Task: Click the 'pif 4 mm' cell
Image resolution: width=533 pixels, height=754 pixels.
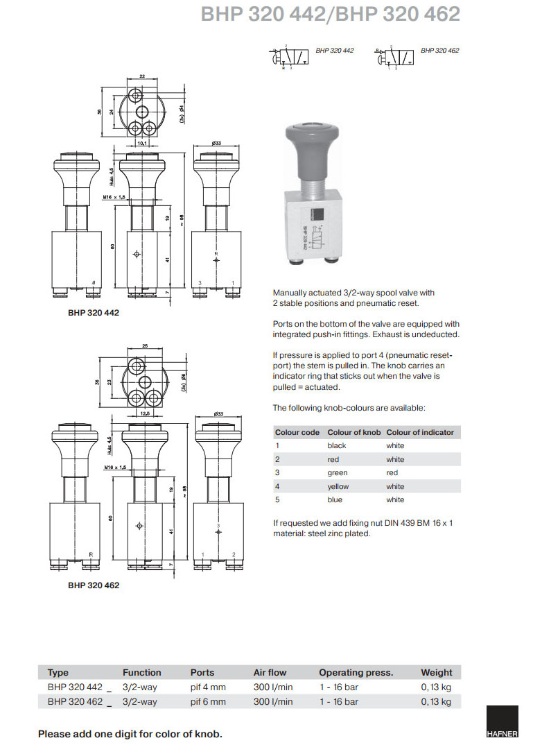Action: tap(208, 687)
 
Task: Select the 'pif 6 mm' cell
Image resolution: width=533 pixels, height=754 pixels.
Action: tap(208, 701)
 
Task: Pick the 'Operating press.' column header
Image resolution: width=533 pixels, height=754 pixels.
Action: tap(356, 672)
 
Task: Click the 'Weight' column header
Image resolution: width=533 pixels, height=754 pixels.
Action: tap(436, 672)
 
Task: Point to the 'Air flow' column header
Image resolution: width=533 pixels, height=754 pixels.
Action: tap(270, 672)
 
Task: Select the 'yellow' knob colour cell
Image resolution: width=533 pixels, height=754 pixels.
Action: tap(338, 486)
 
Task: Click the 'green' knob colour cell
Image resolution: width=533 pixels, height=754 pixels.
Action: tap(338, 472)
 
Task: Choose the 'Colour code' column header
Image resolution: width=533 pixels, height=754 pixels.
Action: tap(297, 432)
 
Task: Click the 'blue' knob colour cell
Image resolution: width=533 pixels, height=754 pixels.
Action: tap(335, 499)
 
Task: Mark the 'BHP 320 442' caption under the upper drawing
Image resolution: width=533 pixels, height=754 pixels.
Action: tap(94, 313)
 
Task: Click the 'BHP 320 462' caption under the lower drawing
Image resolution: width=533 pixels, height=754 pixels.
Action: tap(94, 585)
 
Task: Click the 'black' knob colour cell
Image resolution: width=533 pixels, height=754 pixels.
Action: tap(337, 445)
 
